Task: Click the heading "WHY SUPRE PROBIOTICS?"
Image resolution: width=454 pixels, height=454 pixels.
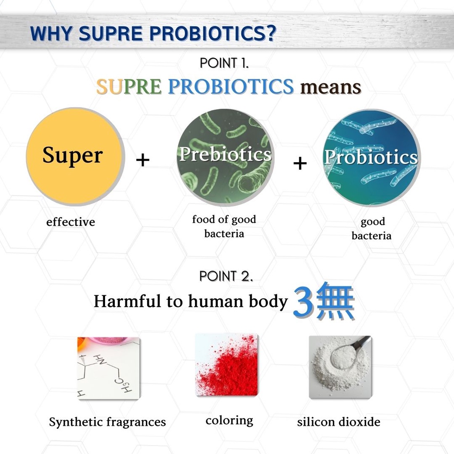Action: tap(153, 34)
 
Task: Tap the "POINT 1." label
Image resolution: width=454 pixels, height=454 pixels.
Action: tap(224, 63)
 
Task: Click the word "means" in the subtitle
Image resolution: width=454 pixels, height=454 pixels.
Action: tap(331, 87)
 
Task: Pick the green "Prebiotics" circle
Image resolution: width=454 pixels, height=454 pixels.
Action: tap(225, 156)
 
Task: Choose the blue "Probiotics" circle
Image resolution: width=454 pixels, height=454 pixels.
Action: tap(371, 157)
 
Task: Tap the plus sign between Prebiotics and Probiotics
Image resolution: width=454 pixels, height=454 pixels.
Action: tap(300, 164)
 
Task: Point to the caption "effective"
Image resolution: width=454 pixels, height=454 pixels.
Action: tap(70, 222)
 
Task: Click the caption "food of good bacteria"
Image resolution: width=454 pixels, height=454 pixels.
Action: tap(224, 226)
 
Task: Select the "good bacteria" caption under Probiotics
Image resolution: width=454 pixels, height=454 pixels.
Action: tap(372, 228)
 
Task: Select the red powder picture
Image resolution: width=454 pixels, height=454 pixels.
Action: tap(227, 364)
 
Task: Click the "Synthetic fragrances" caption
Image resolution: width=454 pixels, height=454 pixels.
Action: tap(107, 422)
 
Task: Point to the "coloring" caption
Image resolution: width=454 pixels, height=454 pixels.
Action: tap(229, 420)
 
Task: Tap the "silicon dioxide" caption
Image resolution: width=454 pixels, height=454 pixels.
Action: tap(339, 422)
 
